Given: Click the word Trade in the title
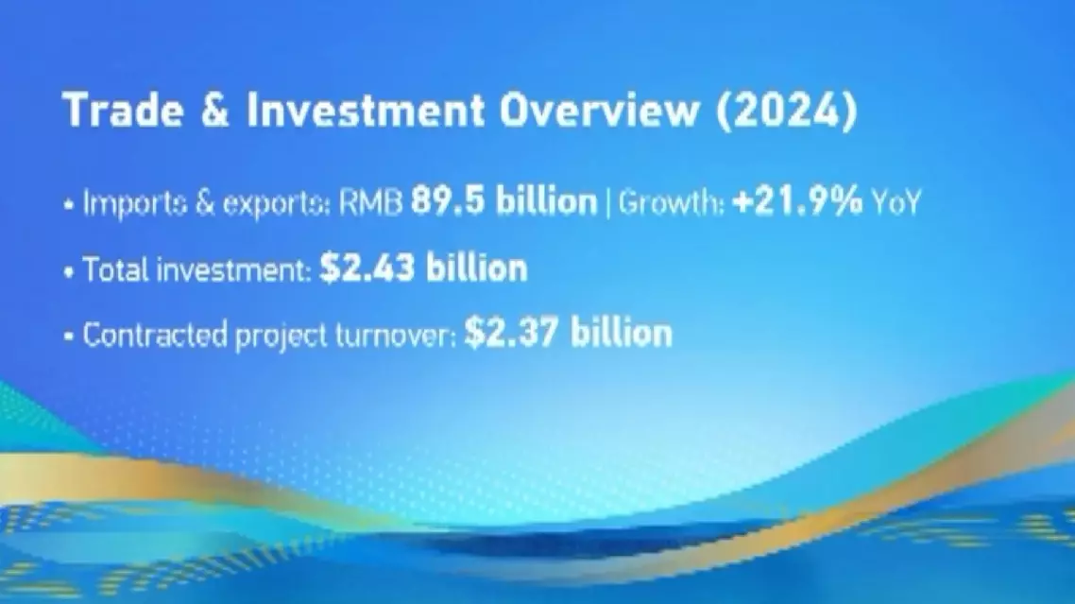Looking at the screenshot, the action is click(x=124, y=109).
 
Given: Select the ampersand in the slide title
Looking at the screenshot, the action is click(x=214, y=110).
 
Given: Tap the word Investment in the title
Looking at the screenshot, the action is click(x=366, y=110).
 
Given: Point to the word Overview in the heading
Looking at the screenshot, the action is click(x=600, y=110).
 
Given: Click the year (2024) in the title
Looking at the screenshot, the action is click(x=787, y=110).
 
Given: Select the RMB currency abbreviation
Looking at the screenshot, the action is click(x=371, y=202).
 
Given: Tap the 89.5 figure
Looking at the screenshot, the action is click(x=448, y=201).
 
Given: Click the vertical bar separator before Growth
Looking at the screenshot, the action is click(x=608, y=203).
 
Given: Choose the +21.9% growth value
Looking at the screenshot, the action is click(x=797, y=201).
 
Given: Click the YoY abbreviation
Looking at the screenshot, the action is click(x=896, y=202).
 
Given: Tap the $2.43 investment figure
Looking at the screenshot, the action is click(x=367, y=267).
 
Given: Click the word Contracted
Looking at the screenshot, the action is click(x=155, y=335).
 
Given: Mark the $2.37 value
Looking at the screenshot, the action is click(x=511, y=334).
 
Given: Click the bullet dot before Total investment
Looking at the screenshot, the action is click(x=69, y=272).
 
